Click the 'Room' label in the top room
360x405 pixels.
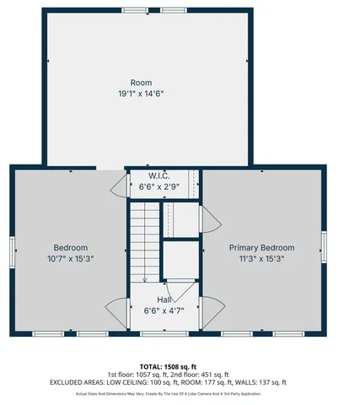coord(141,83)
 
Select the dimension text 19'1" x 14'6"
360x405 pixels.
coord(141,94)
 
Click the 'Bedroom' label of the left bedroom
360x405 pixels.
coord(69,247)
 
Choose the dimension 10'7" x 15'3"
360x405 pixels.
coord(69,259)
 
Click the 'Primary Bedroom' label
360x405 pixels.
coord(262,247)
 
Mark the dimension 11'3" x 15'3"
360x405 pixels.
coord(262,259)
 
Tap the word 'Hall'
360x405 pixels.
coord(166,300)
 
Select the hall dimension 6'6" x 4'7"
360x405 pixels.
coord(166,311)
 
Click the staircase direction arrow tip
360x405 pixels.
coord(144,280)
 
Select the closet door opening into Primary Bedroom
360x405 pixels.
coord(211,222)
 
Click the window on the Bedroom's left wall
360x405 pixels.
coord(12,251)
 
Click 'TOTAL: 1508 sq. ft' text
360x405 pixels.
coord(180,366)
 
